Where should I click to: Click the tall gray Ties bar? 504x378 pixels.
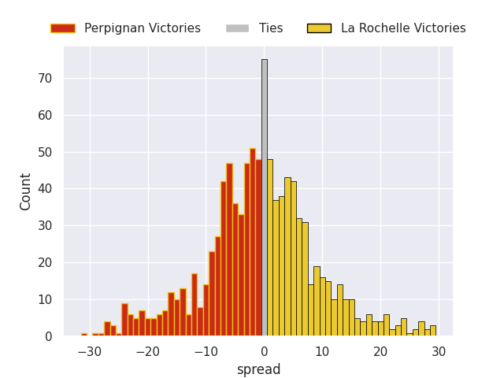coord(264,197)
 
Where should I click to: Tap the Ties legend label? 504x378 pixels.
coord(270,28)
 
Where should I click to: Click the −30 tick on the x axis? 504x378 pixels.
coord(89,351)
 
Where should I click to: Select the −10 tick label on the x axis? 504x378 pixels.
coord(206,351)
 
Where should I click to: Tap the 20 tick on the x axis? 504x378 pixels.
coord(380,351)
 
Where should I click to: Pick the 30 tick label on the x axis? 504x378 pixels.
coord(439,351)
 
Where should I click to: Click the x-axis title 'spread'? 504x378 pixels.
coord(258,369)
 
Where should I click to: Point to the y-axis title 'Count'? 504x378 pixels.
coord(26,191)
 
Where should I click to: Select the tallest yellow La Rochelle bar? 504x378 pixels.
coord(269,247)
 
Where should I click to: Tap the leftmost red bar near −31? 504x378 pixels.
coord(83,335)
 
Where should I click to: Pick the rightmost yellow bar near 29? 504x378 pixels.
coord(432,331)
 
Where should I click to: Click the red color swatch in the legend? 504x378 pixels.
coord(63,28)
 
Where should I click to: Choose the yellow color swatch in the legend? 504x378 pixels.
coord(319,28)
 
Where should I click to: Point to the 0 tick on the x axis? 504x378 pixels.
coord(264,351)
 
